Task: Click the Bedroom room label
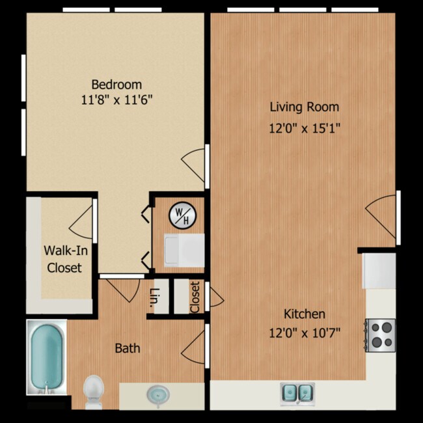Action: click(116, 85)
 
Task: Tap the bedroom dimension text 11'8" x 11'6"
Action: click(116, 100)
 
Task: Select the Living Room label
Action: click(305, 107)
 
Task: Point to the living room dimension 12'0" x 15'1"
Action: click(305, 128)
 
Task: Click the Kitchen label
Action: click(305, 314)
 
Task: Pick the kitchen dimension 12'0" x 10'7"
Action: click(305, 333)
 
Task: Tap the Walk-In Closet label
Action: click(63, 258)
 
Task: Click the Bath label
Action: click(128, 348)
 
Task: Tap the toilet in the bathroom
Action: click(94, 390)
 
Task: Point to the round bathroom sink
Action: click(156, 394)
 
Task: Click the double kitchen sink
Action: click(297, 392)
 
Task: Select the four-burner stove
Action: click(380, 334)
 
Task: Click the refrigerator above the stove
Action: click(379, 269)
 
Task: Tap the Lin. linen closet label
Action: click(156, 296)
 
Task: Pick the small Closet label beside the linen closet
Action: click(195, 296)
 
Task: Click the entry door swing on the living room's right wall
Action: click(381, 218)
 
